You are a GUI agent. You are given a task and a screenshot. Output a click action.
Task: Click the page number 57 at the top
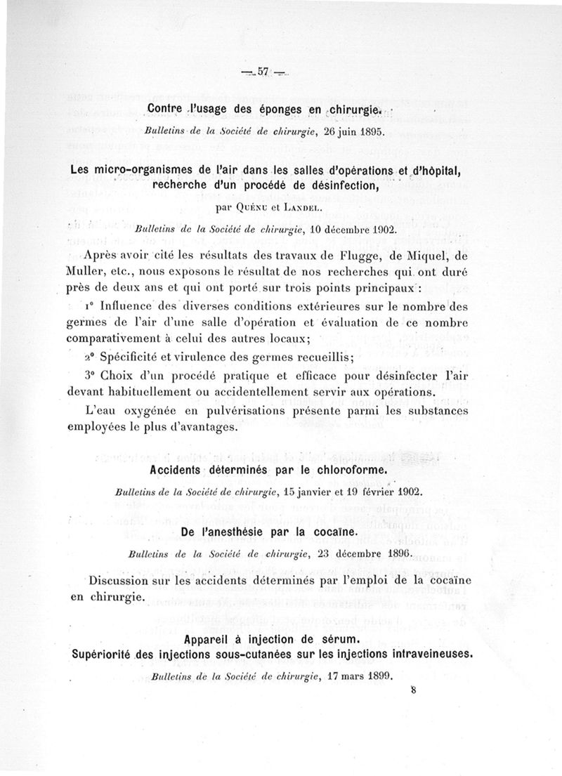point(264,71)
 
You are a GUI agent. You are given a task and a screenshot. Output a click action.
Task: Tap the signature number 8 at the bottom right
point(414,690)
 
